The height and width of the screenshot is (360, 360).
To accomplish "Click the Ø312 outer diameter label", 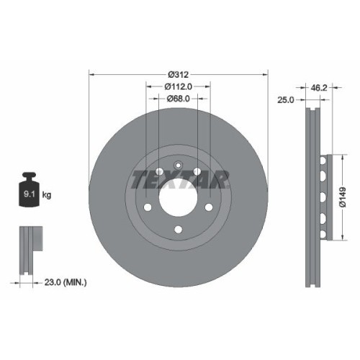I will point(178,74).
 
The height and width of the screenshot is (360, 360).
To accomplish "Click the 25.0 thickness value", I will point(285,101).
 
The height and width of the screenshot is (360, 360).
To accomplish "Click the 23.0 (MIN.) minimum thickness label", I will point(67,283).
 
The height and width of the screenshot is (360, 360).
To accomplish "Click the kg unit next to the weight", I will point(47,194).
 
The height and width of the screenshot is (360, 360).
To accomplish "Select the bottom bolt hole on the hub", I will point(178,232).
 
